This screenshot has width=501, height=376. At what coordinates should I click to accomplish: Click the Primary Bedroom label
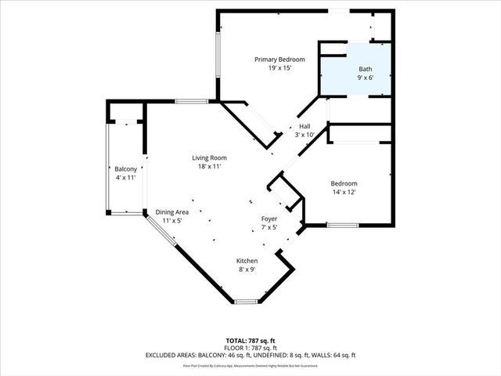[x=279, y=59]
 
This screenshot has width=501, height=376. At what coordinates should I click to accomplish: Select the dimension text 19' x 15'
[x=279, y=68]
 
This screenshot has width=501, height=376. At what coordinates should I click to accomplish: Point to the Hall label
[x=304, y=126]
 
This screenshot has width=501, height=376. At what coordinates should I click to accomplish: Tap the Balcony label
[x=126, y=169]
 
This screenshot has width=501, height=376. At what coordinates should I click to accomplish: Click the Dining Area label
[x=171, y=212]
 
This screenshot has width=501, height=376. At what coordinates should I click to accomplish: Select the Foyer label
[x=269, y=219]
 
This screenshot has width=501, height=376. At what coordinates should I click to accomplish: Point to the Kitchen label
[x=247, y=261]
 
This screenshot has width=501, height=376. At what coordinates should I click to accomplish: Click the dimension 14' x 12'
[x=344, y=192]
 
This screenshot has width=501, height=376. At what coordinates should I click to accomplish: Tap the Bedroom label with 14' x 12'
[x=344, y=183]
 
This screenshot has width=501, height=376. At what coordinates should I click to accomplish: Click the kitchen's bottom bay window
[x=245, y=302]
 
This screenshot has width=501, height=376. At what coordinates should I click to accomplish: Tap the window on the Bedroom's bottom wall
[x=342, y=226]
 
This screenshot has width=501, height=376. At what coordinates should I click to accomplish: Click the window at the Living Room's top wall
[x=191, y=101]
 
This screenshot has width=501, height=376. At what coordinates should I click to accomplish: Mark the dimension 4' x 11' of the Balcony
[x=126, y=178]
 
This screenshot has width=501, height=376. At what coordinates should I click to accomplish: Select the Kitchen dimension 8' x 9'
[x=247, y=269]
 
